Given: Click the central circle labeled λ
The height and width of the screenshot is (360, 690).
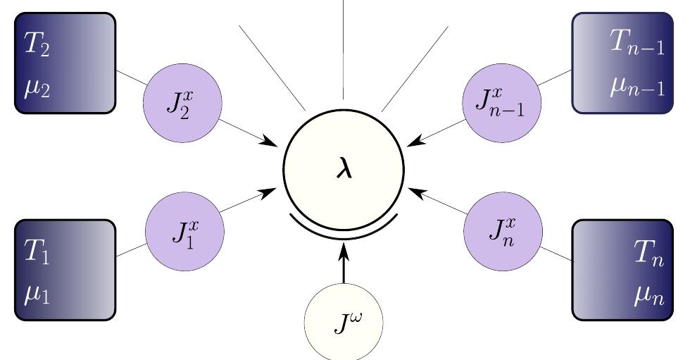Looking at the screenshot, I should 344,170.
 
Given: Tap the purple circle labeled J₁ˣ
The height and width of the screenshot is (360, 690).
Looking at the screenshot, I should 184,230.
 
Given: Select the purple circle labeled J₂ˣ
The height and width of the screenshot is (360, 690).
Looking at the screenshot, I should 182,103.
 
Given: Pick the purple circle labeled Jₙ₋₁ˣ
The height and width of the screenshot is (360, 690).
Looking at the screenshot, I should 503,103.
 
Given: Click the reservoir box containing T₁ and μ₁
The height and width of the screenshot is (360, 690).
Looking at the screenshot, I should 65,271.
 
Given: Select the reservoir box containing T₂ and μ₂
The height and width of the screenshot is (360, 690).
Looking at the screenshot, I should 65,63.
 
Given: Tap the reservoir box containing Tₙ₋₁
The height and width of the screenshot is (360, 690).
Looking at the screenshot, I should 622,63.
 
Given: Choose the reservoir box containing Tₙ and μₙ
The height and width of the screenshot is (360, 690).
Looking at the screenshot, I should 621,271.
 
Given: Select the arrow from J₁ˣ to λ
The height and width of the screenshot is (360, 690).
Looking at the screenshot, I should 247,201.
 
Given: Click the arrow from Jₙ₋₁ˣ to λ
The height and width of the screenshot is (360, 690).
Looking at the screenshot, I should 438,132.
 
